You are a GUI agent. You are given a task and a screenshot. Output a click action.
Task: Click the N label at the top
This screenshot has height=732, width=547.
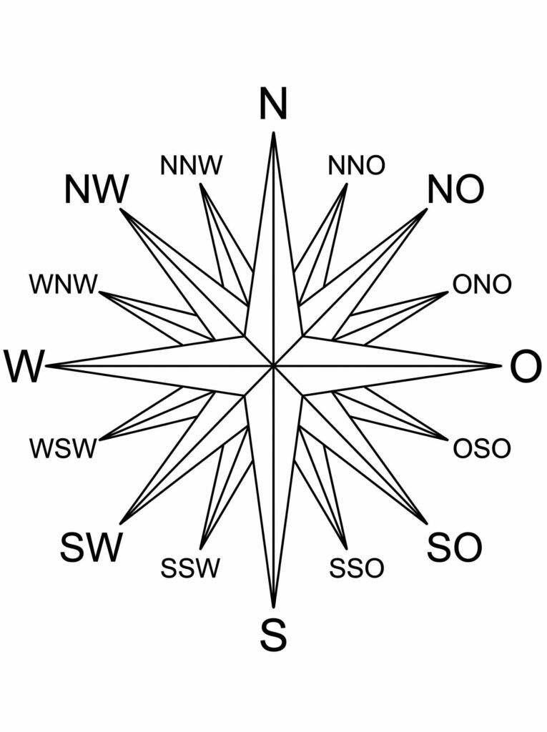pos(273,104)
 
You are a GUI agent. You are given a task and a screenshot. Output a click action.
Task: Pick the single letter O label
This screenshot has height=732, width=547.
pos(526,367)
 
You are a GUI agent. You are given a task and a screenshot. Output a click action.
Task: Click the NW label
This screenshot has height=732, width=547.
pos(96,189)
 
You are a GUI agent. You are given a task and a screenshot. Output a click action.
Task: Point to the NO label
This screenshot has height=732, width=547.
pos(455,189)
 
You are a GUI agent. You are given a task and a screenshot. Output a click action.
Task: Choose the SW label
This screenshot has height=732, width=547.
pos(91,547)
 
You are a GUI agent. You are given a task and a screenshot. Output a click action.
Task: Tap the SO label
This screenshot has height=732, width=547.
pos(454,547)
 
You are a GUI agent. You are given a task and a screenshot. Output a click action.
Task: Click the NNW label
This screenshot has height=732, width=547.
pos(191,165)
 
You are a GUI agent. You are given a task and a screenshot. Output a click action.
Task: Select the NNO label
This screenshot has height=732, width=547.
pos(356,165)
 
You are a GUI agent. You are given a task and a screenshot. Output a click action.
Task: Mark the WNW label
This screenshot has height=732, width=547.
pos(64,285)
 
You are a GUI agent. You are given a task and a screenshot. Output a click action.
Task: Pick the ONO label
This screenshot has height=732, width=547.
pos(482,285)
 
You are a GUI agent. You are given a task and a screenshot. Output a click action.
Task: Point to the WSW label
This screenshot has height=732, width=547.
pos(63,448)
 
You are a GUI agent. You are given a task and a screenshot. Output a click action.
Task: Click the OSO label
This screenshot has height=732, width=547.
pos(482,448)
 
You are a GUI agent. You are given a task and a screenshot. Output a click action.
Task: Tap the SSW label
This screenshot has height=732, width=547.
pos(189,568)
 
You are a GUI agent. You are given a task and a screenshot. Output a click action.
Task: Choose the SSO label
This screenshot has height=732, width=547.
pos(356,568)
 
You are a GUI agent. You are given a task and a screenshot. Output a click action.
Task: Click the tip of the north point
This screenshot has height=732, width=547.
pos(273,132)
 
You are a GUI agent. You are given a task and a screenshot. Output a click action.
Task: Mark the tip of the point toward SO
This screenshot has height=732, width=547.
pos(426,524)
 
